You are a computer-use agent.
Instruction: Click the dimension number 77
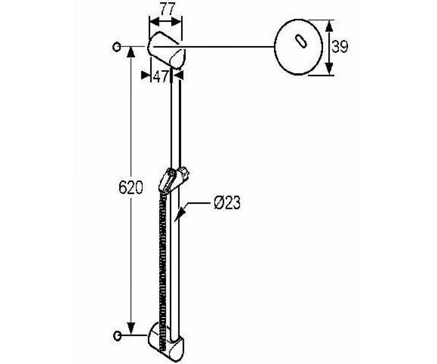click(x=168, y=9)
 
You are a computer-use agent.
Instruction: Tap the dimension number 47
click(x=161, y=76)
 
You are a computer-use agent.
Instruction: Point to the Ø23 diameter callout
click(x=227, y=202)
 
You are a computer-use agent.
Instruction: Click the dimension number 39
click(x=340, y=47)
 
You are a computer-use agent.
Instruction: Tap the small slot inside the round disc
click(x=301, y=41)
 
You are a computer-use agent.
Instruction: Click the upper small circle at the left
click(x=117, y=47)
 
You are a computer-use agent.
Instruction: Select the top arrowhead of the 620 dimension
click(x=131, y=52)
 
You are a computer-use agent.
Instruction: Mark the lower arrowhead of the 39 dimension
click(x=330, y=69)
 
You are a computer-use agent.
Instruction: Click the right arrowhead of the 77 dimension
click(x=176, y=22)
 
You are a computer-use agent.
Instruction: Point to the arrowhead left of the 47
click(x=146, y=75)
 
